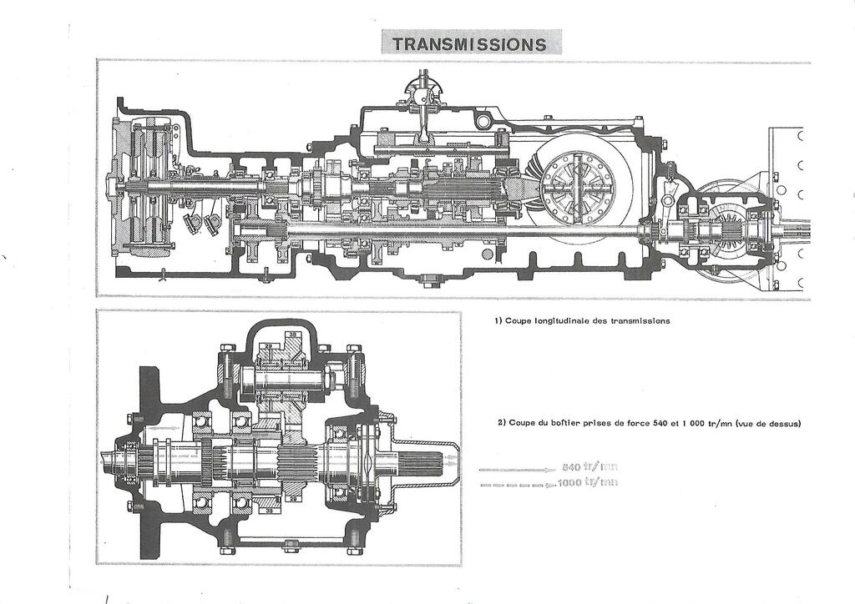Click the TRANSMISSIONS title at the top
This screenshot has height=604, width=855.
(x=472, y=43)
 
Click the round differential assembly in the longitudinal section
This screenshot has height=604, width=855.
(x=576, y=186)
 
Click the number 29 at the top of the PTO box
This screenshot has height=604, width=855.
(x=270, y=345)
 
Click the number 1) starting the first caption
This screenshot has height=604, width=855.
(x=498, y=320)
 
